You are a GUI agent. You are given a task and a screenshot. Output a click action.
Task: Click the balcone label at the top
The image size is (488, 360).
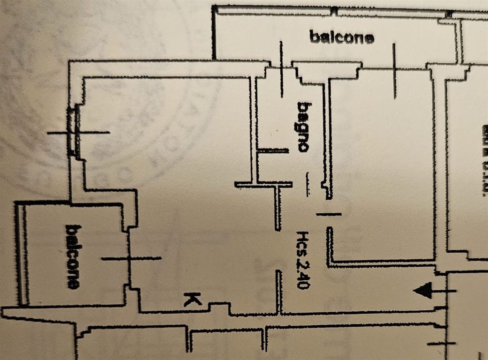pyautogui.click(x=342, y=37)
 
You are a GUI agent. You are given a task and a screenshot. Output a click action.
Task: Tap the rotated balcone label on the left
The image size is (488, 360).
pyautogui.click(x=72, y=256)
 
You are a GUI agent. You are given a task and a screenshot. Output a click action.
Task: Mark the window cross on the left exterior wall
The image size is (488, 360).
pyautogui.click(x=78, y=133)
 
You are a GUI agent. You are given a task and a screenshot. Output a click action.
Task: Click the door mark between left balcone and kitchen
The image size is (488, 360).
pyautogui.click(x=131, y=258)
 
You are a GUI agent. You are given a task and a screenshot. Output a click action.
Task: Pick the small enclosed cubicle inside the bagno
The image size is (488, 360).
pyautogui.click(x=272, y=166)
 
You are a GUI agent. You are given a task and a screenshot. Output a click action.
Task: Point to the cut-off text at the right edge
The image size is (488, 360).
pyautogui.click(x=483, y=159)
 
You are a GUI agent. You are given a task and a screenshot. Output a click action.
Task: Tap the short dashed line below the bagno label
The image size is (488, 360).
pyautogui.click(x=308, y=184)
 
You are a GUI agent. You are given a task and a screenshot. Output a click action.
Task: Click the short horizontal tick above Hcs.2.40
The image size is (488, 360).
pyautogui.click(x=329, y=214)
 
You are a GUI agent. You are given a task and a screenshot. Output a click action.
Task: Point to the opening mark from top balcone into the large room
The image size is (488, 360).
pyautogui.click(x=395, y=71)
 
